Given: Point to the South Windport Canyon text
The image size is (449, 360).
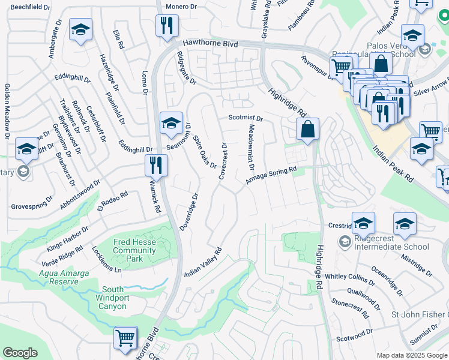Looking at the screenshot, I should coord(112,298).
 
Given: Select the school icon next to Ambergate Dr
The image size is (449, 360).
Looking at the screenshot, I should coord(79,30).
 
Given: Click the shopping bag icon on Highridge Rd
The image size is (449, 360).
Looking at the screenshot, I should coord(307,128).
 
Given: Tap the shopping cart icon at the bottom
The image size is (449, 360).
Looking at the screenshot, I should coord(125,337).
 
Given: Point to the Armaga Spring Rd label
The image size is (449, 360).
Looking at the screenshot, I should coord(271,176).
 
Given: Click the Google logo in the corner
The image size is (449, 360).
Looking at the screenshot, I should coord(20,353).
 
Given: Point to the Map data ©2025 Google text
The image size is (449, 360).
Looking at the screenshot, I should coord(411,355).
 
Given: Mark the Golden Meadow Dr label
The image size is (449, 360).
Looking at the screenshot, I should coord(7,112).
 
